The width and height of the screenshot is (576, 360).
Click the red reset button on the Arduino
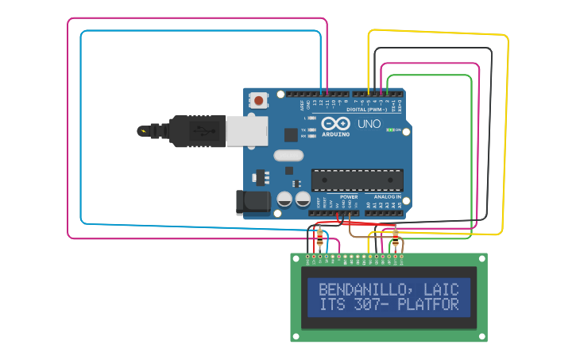click(259, 100)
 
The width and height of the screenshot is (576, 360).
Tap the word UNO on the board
click(369, 124)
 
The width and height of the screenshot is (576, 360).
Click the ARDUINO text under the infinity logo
click(336, 134)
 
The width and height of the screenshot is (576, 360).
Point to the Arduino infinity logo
click(336, 123)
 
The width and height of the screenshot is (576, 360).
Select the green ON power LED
click(391, 130)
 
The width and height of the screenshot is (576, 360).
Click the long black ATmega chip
click(357, 180)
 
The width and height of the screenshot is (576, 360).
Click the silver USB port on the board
click(246, 131)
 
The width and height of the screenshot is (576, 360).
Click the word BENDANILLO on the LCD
click(365, 289)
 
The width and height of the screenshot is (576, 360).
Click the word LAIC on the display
click(441, 289)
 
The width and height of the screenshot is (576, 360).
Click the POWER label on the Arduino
click(349, 196)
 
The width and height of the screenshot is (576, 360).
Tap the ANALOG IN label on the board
click(388, 196)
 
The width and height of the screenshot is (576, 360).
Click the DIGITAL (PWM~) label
click(367, 110)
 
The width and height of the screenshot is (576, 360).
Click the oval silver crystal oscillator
click(288, 156)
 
